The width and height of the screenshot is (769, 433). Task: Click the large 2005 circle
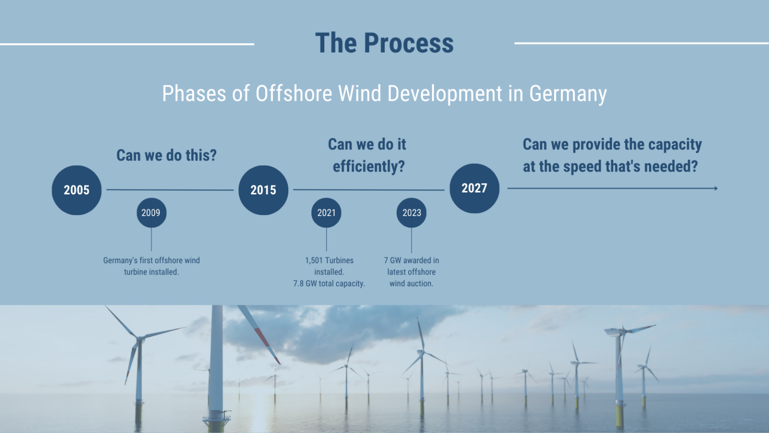click(77, 190)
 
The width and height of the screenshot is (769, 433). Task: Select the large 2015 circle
click(263, 190)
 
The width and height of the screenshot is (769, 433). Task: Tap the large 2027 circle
click(474, 188)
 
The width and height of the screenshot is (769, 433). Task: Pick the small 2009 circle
click(151, 212)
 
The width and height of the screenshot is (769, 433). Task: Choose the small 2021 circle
click(326, 212)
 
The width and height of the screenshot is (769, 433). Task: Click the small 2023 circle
click(412, 212)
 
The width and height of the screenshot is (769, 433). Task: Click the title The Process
click(384, 43)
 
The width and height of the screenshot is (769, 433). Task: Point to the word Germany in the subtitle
click(568, 94)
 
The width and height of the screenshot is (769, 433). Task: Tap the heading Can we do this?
click(166, 155)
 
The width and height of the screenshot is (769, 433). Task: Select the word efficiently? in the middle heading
click(368, 166)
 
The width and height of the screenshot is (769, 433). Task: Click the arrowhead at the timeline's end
click(716, 188)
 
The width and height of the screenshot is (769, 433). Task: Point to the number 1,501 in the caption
click(314, 261)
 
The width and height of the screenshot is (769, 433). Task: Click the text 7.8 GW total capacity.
click(329, 284)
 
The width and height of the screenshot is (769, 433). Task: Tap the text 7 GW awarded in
click(411, 261)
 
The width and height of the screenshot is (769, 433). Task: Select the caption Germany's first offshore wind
click(151, 261)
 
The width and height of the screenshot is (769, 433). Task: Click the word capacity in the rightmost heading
click(674, 144)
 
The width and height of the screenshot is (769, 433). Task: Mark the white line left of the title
click(127, 44)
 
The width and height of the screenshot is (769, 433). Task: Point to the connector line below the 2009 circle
click(151, 239)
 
